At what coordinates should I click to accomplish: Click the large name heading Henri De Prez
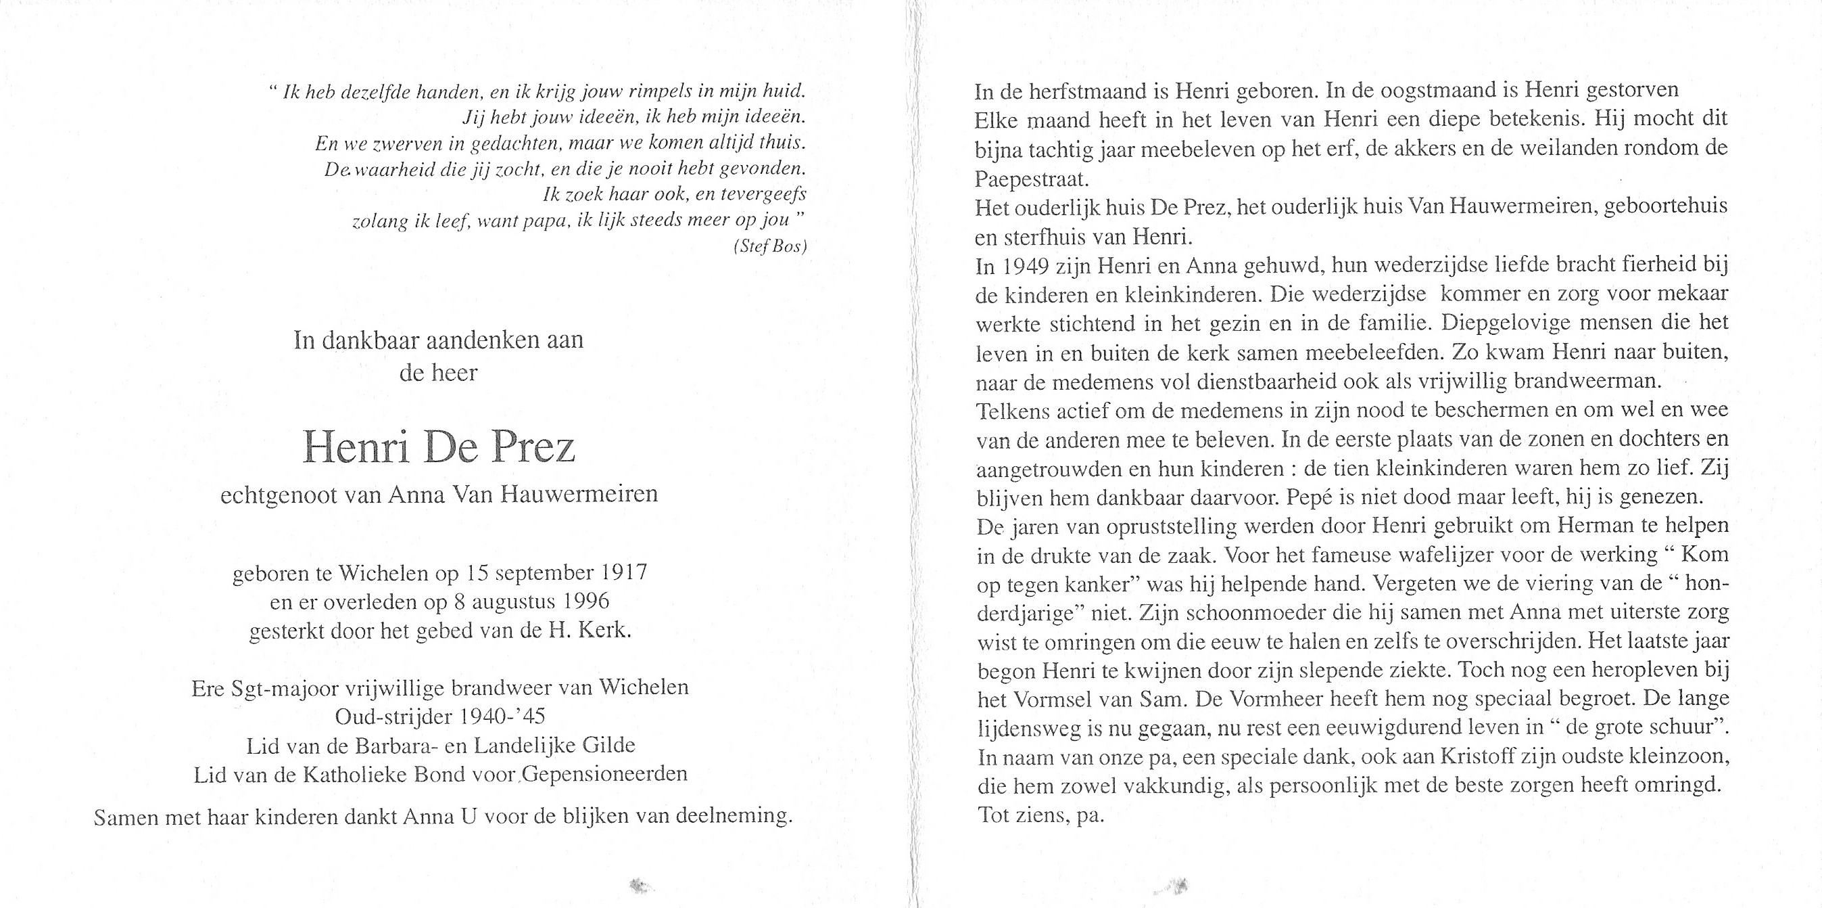(439, 447)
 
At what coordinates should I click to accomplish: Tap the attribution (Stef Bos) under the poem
(770, 246)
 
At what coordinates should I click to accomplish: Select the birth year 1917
(625, 572)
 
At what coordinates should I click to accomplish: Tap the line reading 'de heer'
(439, 372)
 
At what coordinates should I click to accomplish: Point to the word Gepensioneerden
(606, 773)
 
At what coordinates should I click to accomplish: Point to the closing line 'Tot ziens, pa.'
(1040, 815)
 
